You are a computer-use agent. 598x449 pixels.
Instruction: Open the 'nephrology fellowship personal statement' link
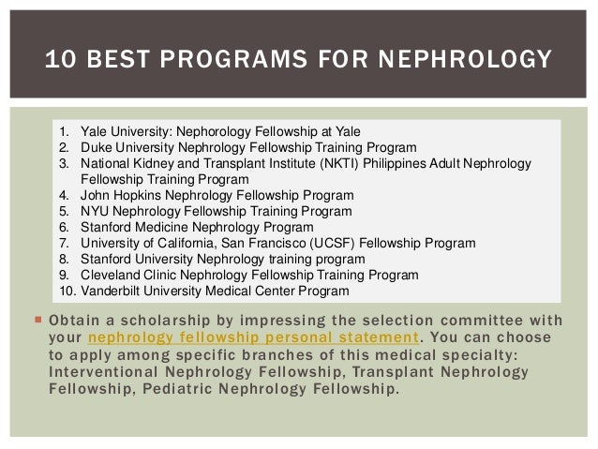click(252, 337)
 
